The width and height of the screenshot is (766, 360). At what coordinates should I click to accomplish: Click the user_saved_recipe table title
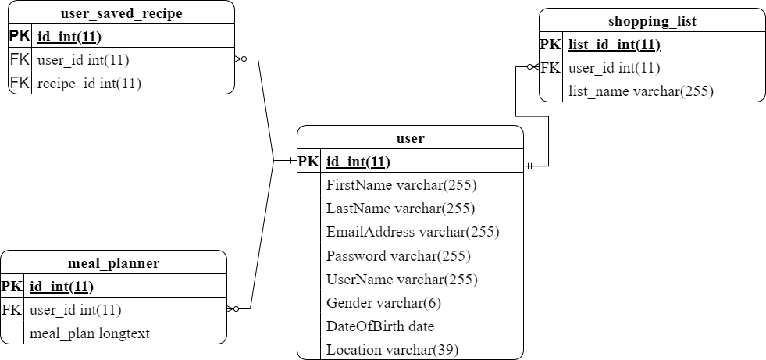pyautogui.click(x=121, y=13)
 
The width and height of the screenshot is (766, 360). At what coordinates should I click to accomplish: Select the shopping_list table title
pyautogui.click(x=652, y=21)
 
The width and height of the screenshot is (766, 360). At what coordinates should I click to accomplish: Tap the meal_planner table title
pyautogui.click(x=113, y=263)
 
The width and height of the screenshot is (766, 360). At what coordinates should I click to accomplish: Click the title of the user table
pyautogui.click(x=410, y=138)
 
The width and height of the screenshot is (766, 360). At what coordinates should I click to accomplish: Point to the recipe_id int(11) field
pyautogui.click(x=89, y=83)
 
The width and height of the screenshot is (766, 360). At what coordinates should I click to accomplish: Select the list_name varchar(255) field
pyautogui.click(x=640, y=91)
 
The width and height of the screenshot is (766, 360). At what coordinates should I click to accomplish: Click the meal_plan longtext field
pyautogui.click(x=89, y=333)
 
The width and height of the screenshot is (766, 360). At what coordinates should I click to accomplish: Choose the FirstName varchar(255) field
pyautogui.click(x=401, y=185)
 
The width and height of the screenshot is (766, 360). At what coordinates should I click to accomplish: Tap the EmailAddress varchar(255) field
pyautogui.click(x=412, y=232)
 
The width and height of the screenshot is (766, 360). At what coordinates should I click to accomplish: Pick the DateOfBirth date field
pyautogui.click(x=379, y=326)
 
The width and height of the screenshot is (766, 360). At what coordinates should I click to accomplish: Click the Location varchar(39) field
pyautogui.click(x=392, y=349)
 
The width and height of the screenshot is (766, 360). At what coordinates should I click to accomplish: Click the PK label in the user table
pyautogui.click(x=308, y=162)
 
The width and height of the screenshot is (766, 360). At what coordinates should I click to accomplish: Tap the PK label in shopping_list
pyautogui.click(x=550, y=45)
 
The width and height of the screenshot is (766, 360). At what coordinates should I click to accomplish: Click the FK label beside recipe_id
pyautogui.click(x=20, y=83)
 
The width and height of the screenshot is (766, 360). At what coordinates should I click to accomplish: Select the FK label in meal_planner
pyautogui.click(x=12, y=310)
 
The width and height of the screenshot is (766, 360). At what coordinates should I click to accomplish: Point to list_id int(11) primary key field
pyautogui.click(x=614, y=45)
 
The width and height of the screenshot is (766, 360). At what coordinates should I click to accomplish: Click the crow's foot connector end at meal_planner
pyautogui.click(x=233, y=309)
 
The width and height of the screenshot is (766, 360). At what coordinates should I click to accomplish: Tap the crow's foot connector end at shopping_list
pyautogui.click(x=533, y=67)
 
